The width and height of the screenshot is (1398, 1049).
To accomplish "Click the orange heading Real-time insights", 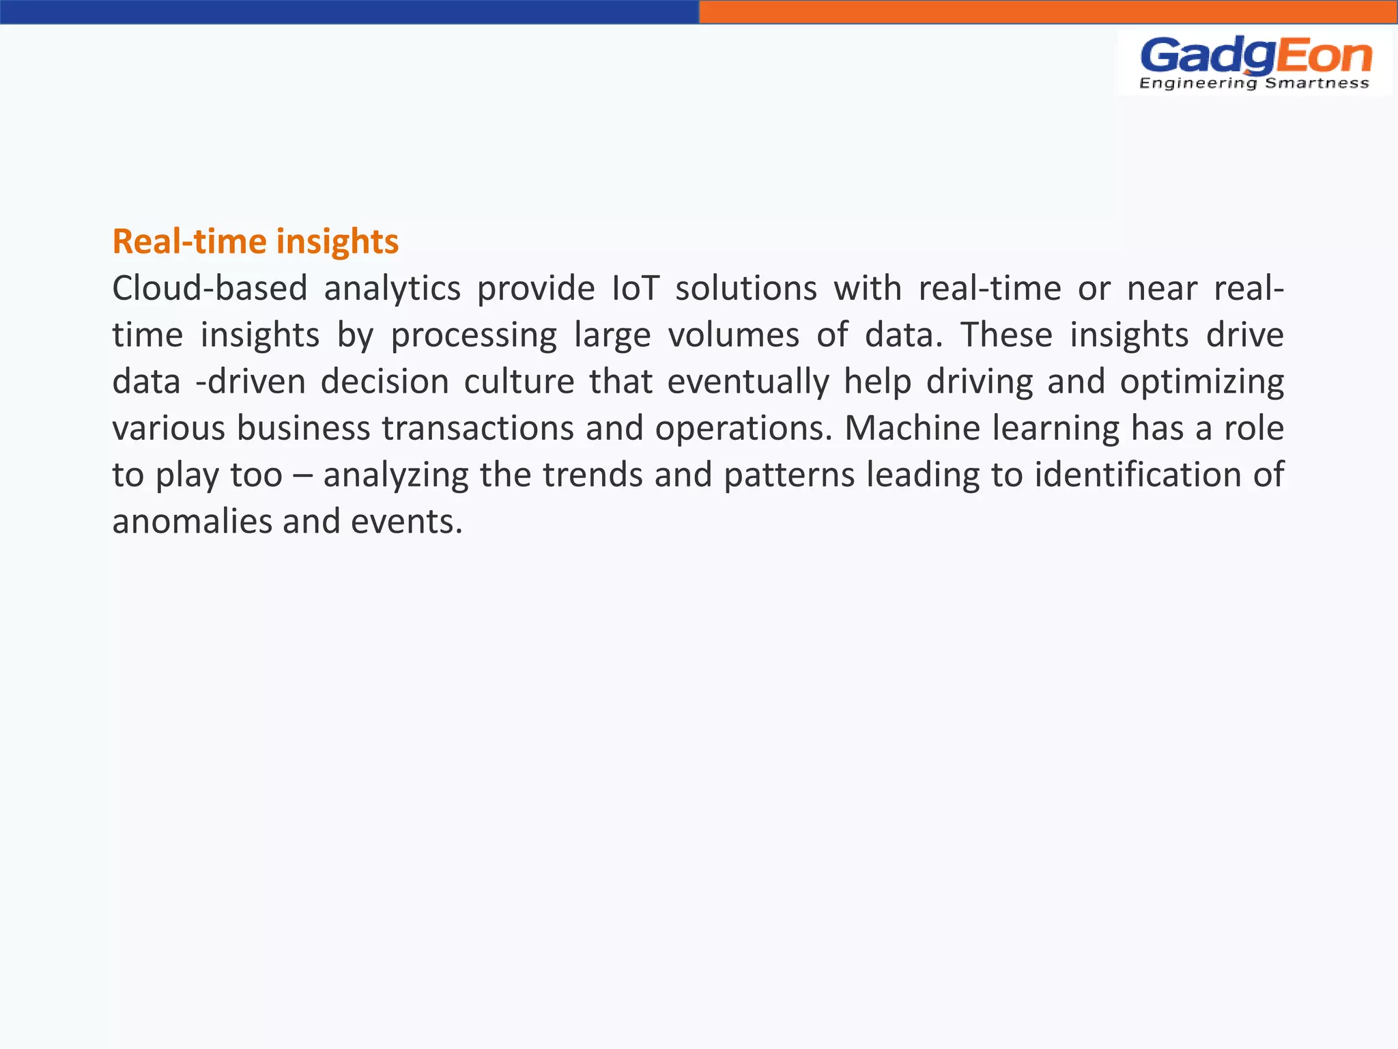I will pyautogui.click(x=255, y=242).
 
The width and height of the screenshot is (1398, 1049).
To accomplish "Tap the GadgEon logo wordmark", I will pyautogui.click(x=1255, y=56).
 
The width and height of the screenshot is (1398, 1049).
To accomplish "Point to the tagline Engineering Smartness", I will pyautogui.click(x=1254, y=83).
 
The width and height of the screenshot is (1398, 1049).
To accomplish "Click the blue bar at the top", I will pyautogui.click(x=349, y=12).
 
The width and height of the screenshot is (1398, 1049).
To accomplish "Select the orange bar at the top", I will pyautogui.click(x=1048, y=12).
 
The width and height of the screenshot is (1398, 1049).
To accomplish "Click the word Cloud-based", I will pyautogui.click(x=210, y=288).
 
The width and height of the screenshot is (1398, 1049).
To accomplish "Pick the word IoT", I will pyautogui.click(x=635, y=288).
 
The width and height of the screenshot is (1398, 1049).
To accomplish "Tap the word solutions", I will pyautogui.click(x=745, y=288).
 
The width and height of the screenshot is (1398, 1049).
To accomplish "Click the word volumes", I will pyautogui.click(x=733, y=335).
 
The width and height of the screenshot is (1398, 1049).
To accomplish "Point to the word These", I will pyautogui.click(x=1006, y=335).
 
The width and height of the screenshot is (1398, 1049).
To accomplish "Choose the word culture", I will pyautogui.click(x=519, y=381).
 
